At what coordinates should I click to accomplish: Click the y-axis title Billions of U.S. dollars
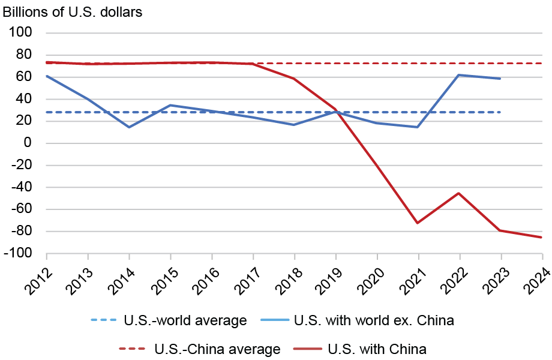click(73, 12)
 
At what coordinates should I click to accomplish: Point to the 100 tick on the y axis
click(22, 32)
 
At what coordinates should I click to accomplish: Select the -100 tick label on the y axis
click(19, 254)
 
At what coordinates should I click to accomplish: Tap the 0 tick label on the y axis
click(28, 143)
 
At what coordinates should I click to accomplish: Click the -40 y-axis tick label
click(22, 188)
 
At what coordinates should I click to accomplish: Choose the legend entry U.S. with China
click(377, 349)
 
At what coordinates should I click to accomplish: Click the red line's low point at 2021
click(418, 223)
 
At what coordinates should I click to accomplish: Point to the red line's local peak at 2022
click(460, 193)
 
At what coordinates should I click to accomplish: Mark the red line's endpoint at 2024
click(542, 237)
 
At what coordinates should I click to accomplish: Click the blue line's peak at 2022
click(460, 75)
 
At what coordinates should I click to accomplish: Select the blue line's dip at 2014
click(129, 127)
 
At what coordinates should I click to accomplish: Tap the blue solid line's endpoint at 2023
click(500, 79)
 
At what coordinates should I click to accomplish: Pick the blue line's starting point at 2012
click(47, 76)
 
